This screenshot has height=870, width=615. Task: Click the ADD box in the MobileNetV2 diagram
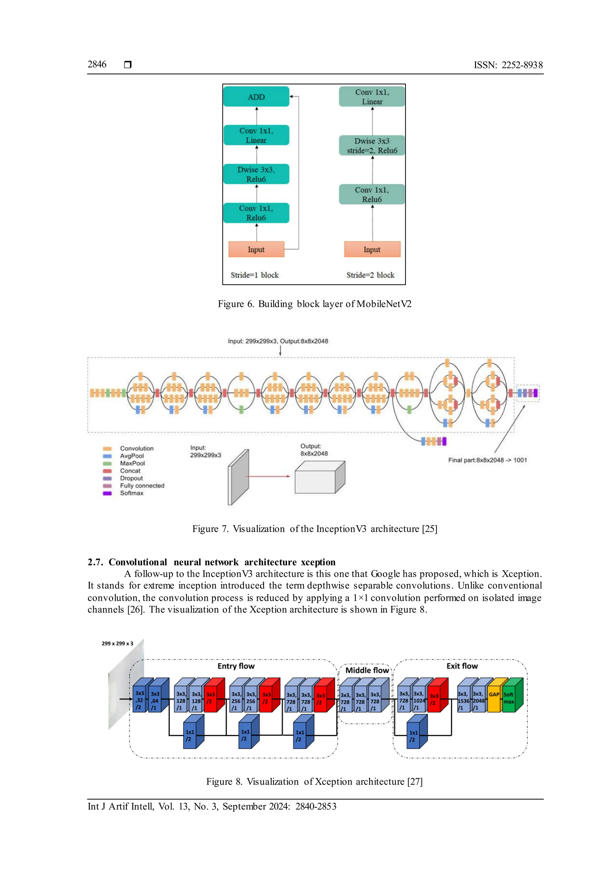tap(256, 97)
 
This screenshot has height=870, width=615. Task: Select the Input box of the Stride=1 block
tap(256, 249)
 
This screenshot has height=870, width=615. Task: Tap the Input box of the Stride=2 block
tap(372, 249)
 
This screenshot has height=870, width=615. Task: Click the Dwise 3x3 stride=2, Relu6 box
tap(372, 145)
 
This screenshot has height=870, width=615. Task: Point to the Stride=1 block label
tap(254, 275)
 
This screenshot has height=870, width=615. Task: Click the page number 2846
tap(97, 64)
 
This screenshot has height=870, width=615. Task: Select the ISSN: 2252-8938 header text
tap(508, 65)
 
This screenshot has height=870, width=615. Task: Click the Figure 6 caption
tap(314, 304)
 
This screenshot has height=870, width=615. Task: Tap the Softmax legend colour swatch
tap(107, 493)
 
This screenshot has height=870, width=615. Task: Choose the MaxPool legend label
tap(132, 463)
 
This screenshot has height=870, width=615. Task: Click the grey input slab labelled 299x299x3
tap(238, 477)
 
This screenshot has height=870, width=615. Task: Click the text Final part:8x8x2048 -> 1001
tap(487, 460)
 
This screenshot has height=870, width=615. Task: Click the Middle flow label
tap(367, 670)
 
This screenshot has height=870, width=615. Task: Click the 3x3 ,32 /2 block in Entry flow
tap(139, 700)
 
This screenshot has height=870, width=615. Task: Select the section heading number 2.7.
tap(95, 562)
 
